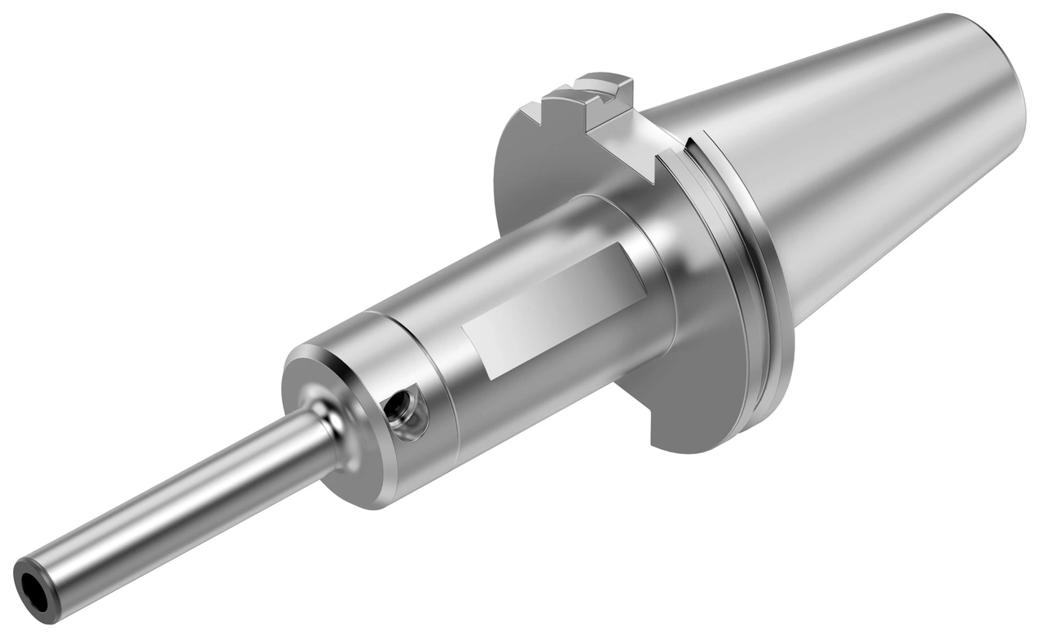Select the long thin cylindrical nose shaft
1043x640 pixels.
(x=179, y=505)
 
